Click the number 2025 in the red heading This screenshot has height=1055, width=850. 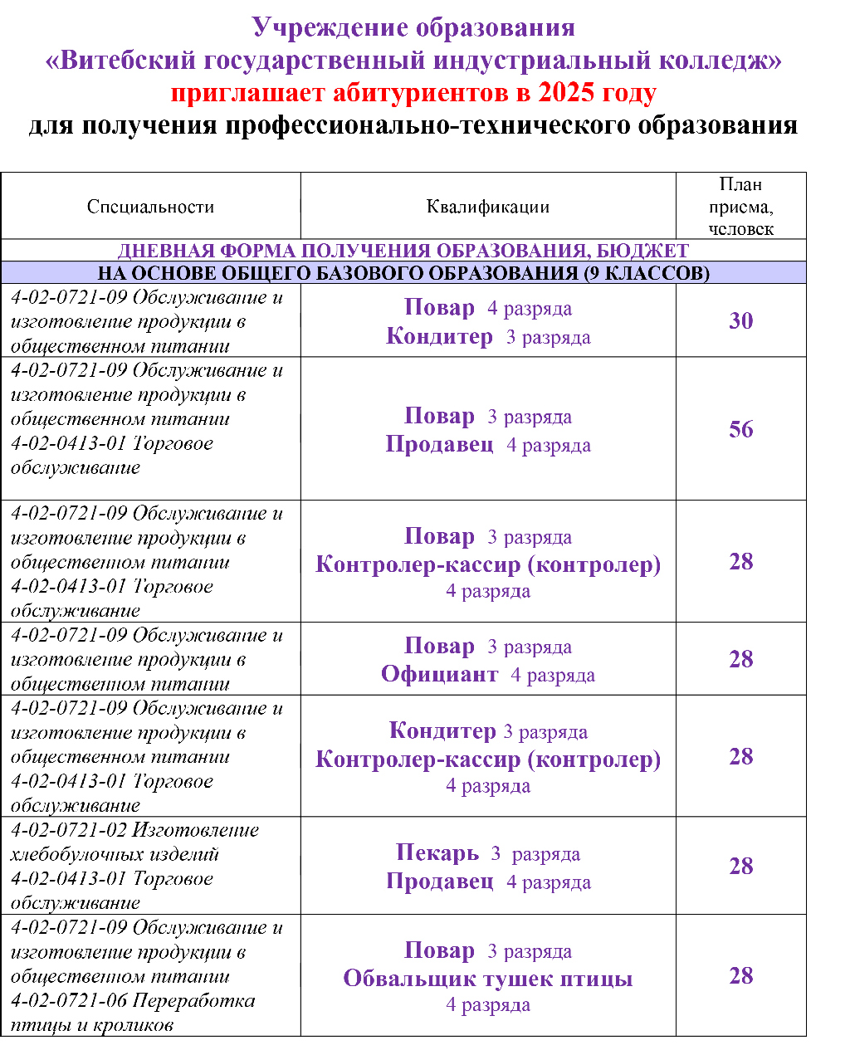coord(566,92)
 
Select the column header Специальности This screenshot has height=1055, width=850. coord(150,207)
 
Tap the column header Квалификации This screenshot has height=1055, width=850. coord(488,207)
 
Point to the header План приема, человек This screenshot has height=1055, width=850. coord(740,207)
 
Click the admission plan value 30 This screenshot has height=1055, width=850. coord(740,321)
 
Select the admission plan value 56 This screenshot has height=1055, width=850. coord(740,429)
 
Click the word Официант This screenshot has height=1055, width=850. coord(439,674)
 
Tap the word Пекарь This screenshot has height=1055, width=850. coord(437,852)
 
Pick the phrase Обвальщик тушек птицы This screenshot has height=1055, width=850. coord(488,979)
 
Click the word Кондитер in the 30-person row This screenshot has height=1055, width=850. coord(439,336)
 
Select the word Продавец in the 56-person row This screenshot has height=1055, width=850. coord(439,444)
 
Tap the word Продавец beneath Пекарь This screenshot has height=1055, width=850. coord(439,882)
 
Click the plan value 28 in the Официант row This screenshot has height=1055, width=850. coord(740,660)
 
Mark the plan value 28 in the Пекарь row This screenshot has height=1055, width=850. coord(740,867)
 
